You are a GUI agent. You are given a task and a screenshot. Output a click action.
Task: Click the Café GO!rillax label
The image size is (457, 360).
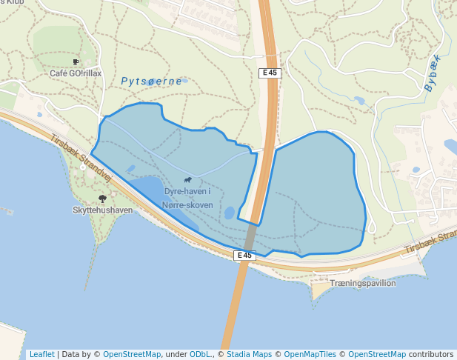(75, 73)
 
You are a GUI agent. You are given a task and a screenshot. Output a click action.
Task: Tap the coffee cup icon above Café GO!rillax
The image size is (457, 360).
(76, 62)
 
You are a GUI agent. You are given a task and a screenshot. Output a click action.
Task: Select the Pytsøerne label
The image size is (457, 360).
(151, 81)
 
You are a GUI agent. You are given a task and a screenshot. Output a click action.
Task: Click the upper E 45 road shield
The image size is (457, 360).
(269, 73)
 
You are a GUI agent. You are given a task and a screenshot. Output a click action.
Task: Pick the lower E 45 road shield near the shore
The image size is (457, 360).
(244, 256)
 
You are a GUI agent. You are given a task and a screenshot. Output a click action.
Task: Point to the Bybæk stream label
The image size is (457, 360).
(433, 73)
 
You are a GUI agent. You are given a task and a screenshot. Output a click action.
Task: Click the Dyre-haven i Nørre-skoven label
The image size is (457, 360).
(188, 199)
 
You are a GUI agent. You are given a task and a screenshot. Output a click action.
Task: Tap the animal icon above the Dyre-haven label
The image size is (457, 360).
(188, 180)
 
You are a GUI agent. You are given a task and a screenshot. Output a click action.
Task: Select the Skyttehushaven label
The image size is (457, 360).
(102, 210)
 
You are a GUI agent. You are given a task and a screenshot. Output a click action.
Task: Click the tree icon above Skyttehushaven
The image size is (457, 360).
(102, 199)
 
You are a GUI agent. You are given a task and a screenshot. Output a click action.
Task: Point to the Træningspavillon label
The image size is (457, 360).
(363, 283)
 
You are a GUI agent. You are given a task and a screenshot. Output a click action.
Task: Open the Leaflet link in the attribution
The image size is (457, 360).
(41, 354)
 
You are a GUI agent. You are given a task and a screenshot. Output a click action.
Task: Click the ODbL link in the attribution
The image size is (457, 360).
(201, 354)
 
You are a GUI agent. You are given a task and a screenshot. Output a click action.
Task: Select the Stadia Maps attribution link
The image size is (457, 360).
(248, 354)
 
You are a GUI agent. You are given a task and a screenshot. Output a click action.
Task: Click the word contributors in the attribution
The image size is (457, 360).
(431, 354)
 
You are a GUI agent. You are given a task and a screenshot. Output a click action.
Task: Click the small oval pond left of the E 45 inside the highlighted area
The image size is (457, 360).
(230, 213)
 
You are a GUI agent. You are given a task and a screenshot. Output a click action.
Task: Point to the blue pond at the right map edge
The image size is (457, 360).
(450, 146)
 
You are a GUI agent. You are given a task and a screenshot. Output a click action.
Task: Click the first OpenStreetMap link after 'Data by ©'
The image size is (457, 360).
(132, 354)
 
